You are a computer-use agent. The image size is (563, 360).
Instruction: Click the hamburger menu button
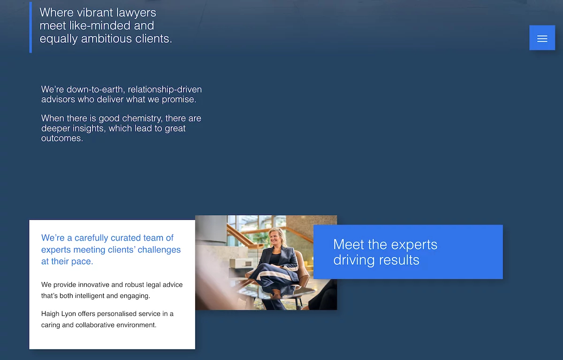(542, 38)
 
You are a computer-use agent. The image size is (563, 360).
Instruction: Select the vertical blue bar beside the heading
(30, 27)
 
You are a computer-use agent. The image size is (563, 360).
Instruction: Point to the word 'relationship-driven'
(165, 90)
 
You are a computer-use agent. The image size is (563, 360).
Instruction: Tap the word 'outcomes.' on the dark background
(62, 138)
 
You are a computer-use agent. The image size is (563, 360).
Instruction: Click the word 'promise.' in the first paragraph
(179, 100)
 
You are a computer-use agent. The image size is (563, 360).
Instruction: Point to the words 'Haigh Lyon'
(59, 314)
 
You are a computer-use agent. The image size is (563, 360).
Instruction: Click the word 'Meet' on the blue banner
(349, 245)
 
